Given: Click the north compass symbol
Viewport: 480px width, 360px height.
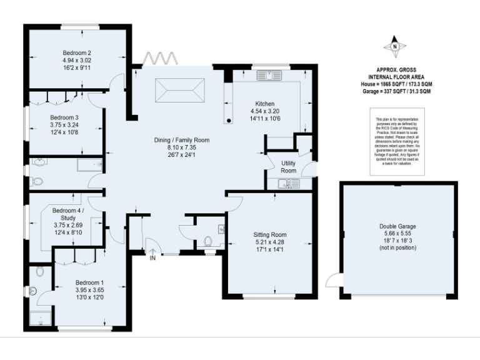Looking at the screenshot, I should click(x=395, y=46).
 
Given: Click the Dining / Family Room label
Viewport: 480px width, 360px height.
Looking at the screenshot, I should click(x=182, y=140).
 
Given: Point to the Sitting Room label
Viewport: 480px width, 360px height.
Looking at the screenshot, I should click(x=271, y=234).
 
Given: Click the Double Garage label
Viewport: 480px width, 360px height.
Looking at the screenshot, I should click(x=397, y=226).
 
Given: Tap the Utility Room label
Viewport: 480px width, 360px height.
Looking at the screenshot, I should click(x=288, y=166).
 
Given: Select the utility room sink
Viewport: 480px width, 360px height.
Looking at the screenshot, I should click(x=288, y=183).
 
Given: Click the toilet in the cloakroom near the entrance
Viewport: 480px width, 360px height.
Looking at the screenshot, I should click(x=209, y=241).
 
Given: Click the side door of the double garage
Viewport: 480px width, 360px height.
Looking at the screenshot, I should click(x=334, y=281).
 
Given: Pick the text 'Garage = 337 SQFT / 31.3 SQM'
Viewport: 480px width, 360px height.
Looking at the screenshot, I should click(x=395, y=91).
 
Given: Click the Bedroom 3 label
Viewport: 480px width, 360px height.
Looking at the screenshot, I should click(x=64, y=117).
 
